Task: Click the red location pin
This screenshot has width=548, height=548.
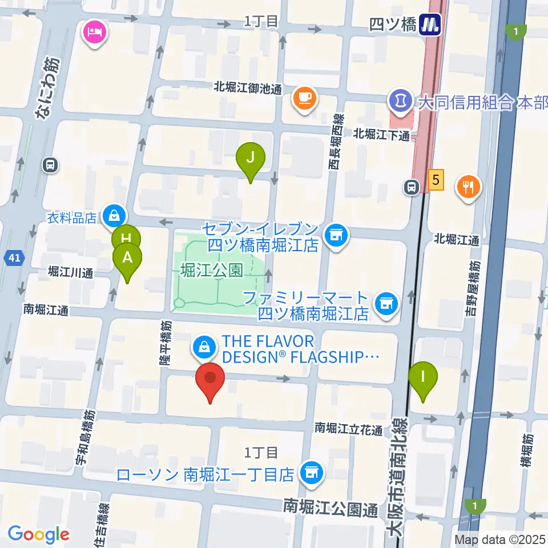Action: click(210, 378)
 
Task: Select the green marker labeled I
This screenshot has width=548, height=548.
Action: click(423, 378)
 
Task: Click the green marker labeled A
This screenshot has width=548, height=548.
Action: click(127, 258)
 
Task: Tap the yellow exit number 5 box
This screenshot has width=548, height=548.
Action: click(436, 182)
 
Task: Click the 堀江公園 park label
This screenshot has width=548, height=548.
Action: click(212, 270)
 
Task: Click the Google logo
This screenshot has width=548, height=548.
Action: click(38, 534)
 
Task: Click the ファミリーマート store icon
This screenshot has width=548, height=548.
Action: click(386, 303)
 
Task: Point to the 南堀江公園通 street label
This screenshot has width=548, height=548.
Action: click(331, 506)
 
